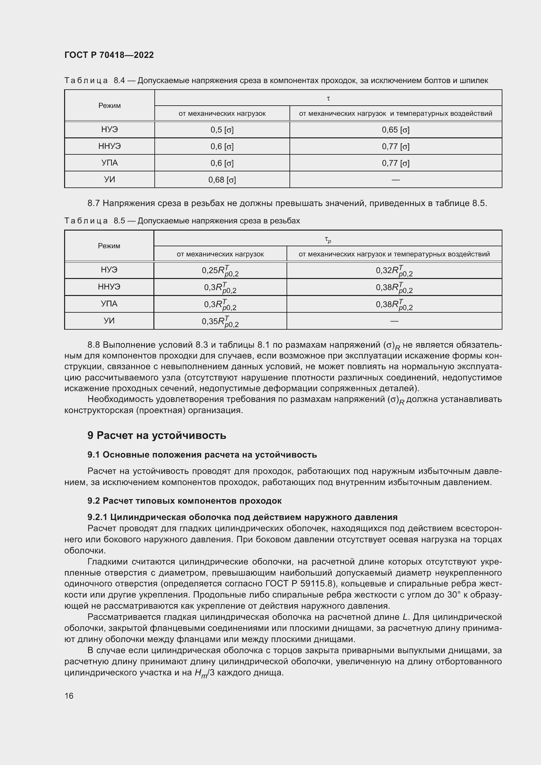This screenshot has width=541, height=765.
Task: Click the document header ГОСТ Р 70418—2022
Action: [109, 55]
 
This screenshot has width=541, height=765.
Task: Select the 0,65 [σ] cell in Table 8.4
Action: [395, 130]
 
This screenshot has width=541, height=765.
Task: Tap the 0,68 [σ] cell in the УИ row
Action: [222, 180]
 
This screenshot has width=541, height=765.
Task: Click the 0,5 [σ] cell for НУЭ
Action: [222, 130]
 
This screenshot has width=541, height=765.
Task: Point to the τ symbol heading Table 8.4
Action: [328, 98]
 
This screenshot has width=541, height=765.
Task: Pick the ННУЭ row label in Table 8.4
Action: [109, 146]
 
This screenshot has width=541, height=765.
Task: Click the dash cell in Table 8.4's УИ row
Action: [395, 180]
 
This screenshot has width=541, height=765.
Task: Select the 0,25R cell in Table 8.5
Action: [220, 271]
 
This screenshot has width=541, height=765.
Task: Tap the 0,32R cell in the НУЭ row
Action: [394, 271]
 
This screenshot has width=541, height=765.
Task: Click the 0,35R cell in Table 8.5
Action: [220, 322]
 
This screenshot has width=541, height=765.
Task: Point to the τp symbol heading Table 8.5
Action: [328, 239]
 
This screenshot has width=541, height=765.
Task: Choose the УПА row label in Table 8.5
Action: [109, 304]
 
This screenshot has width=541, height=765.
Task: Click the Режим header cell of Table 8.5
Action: [109, 246]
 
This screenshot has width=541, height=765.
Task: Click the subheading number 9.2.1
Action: [97, 517]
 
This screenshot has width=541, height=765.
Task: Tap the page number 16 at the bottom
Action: [69, 696]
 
